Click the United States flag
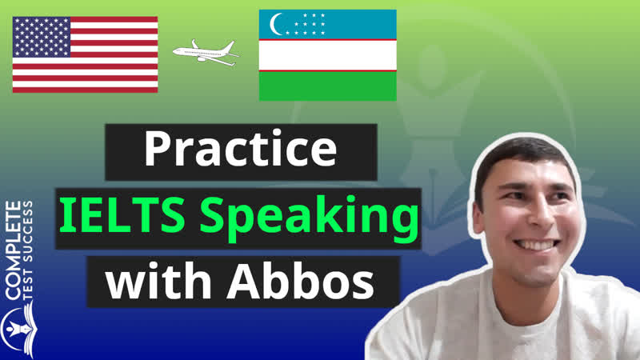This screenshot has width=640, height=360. point(85,54)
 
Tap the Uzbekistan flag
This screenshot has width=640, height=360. point(327,55)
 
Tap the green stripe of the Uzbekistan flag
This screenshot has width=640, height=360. point(327,86)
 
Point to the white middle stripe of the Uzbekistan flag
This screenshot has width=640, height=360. point(327,55)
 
